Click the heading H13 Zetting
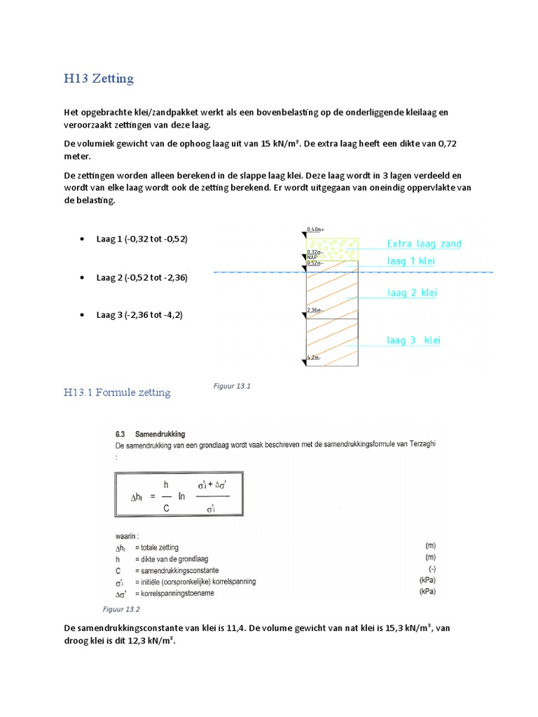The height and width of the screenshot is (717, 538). [x=98, y=78]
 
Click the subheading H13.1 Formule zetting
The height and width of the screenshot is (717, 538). [x=116, y=393]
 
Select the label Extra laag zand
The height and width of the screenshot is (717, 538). [x=424, y=244]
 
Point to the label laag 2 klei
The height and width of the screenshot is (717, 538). [x=412, y=293]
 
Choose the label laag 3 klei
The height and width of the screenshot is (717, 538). [x=413, y=340]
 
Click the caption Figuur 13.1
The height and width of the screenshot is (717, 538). [x=231, y=386]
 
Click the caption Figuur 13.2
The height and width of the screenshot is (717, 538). [x=122, y=609]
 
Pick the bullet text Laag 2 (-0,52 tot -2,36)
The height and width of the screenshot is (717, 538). [x=142, y=277]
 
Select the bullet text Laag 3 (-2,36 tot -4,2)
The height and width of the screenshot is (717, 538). [x=139, y=315]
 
